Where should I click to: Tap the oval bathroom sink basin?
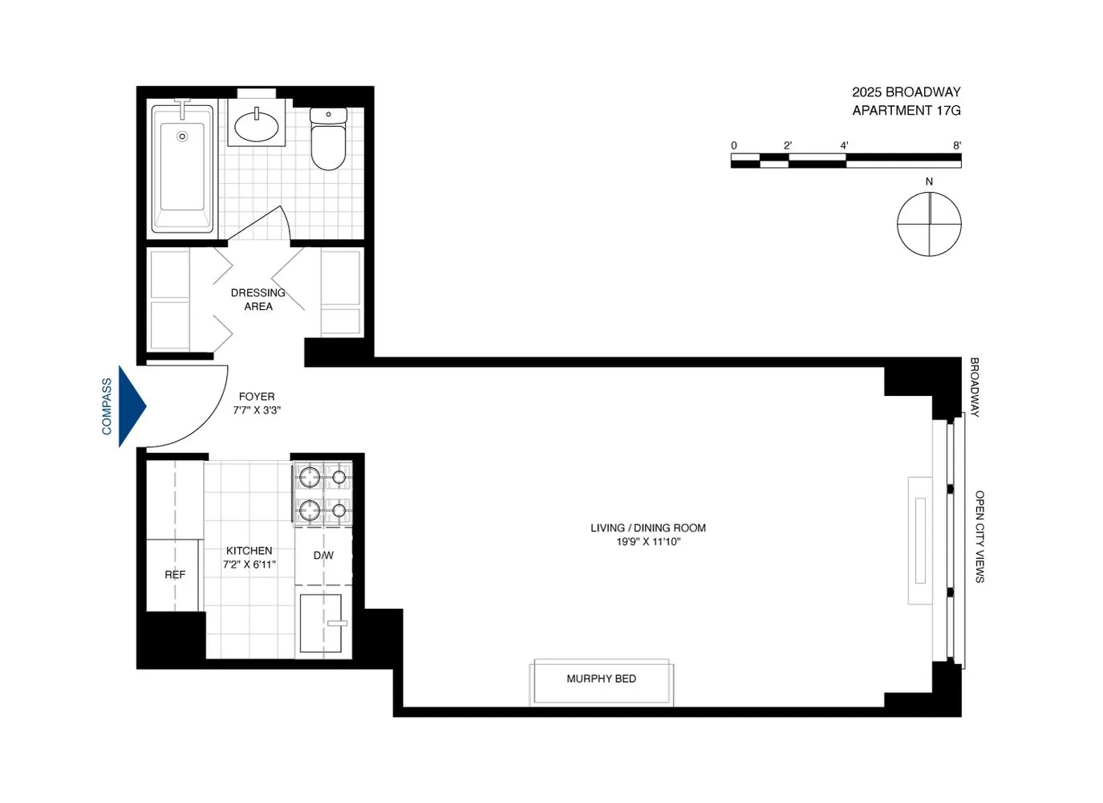click(x=257, y=126)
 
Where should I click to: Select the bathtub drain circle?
click(x=182, y=137)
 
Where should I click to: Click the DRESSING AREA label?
click(x=258, y=300)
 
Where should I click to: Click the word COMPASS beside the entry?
click(x=107, y=406)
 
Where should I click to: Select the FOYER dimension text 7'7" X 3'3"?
click(x=257, y=410)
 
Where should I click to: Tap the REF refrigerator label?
click(x=175, y=575)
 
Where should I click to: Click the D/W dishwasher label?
click(x=323, y=556)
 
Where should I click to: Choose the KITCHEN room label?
click(x=249, y=551)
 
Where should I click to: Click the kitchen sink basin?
click(x=320, y=623)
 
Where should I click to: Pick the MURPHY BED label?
click(x=601, y=679)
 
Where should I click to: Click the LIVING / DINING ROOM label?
click(x=648, y=528)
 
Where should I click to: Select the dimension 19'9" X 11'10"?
click(x=648, y=542)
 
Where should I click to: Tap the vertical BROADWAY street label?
click(x=975, y=387)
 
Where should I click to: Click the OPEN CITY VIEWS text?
click(x=979, y=536)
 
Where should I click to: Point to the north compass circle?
click(x=929, y=225)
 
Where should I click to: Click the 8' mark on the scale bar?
click(x=957, y=146)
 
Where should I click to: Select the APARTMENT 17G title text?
click(x=906, y=111)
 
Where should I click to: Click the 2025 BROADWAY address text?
click(x=906, y=92)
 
